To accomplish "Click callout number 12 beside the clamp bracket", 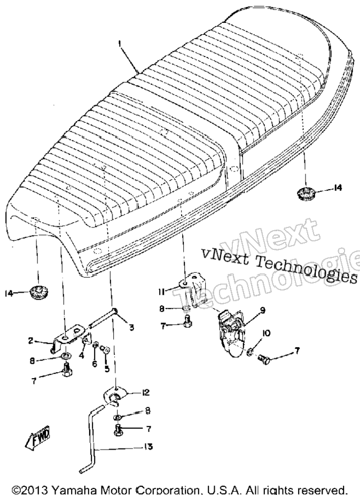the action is (x=145, y=392).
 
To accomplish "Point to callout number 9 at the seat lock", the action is (x=262, y=310).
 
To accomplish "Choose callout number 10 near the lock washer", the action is (x=266, y=333).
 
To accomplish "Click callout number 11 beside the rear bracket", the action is (x=161, y=292).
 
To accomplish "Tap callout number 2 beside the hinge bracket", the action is (x=30, y=340).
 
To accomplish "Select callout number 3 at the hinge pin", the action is (x=131, y=327).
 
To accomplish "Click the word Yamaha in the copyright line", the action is (x=68, y=490).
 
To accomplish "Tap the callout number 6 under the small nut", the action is (x=95, y=364).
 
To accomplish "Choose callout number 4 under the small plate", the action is (x=82, y=356).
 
